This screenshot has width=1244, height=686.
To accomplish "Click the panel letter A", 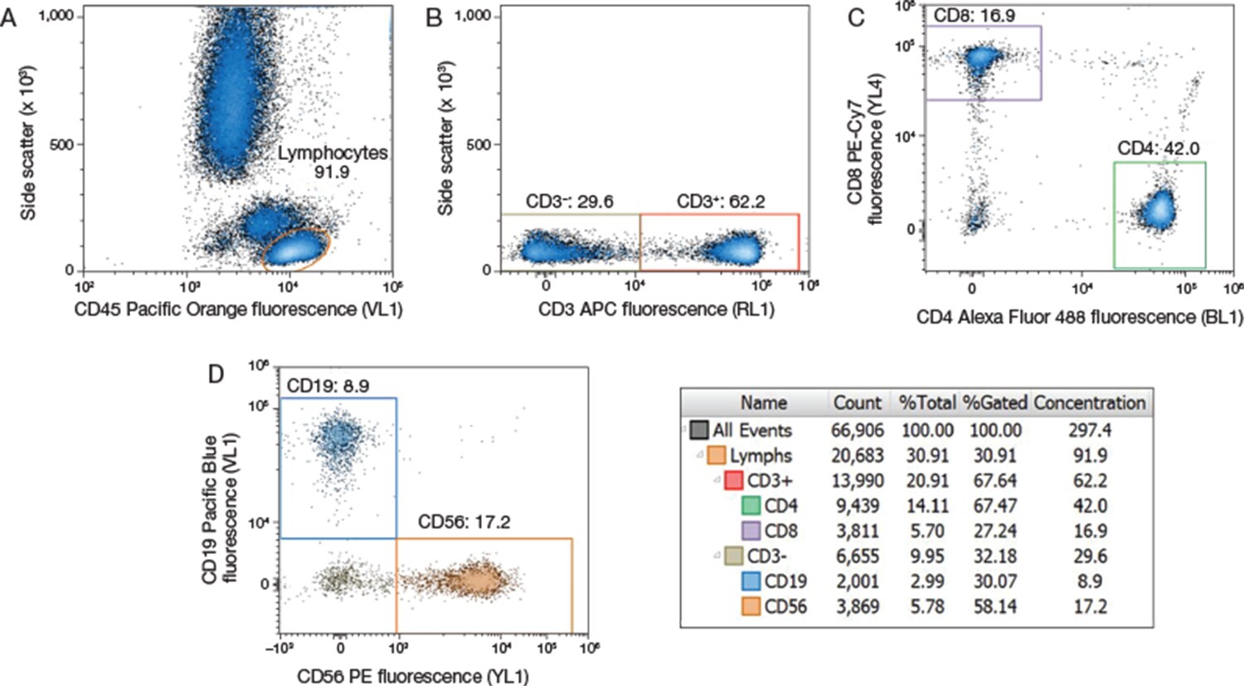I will coord(9,17).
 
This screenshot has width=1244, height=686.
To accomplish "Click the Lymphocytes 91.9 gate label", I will coord(333,163).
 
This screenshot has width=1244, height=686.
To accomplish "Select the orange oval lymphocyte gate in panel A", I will coord(297,248).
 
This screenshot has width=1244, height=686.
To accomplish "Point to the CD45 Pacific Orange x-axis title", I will coord(238,309).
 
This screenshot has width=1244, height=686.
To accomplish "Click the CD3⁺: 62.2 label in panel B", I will coord(721,202).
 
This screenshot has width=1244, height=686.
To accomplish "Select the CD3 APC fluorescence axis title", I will coord(656,309).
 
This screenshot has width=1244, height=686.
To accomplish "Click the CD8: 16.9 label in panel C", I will coord(974,15).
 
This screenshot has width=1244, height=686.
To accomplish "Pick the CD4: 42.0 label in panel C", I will coord(1158,148).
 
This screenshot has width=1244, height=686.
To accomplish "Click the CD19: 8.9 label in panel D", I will coord(328,386).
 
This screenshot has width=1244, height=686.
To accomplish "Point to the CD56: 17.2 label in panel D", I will coord(464,522).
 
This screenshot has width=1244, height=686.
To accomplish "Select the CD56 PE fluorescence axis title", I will coord(413,677).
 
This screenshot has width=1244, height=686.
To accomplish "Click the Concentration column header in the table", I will coord(1089,403).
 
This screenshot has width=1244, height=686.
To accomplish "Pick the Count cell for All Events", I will coord(858,431).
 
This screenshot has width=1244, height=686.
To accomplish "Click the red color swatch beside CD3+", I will coord(733,481).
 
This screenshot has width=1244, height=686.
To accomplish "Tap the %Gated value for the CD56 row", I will coord(995,606).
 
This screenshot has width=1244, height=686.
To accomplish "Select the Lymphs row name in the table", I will coord(760,455).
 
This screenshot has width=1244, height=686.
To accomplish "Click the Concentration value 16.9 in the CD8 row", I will coord(1090,531).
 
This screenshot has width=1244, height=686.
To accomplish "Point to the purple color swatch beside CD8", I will coord(751,531).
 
